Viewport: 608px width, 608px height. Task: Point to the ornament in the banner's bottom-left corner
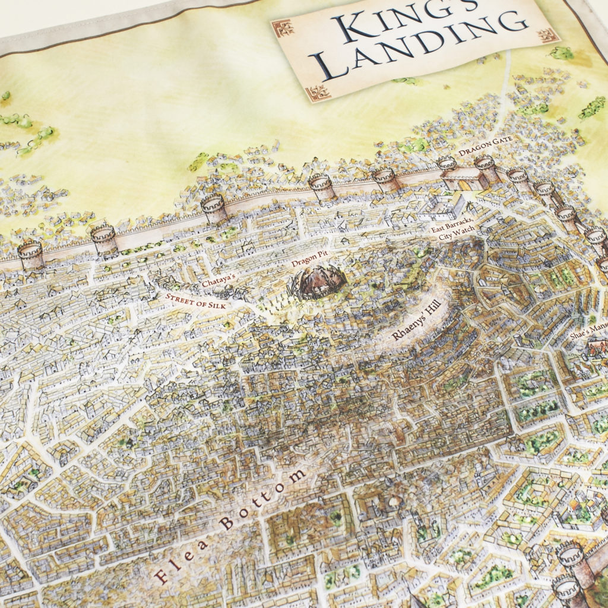(x=315, y=92)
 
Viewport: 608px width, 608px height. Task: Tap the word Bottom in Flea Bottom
(x=261, y=499)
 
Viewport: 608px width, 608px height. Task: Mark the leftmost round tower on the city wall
(x=30, y=256)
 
